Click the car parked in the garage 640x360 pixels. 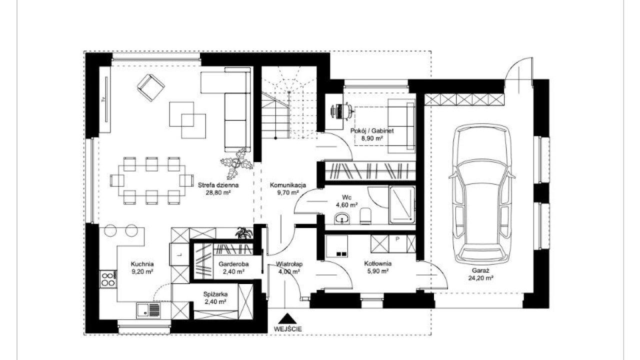click(481, 194)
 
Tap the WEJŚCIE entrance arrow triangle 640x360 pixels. click(287, 318)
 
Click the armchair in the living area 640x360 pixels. click(150, 87)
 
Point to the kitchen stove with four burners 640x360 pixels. click(108, 279)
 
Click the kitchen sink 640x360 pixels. click(148, 310)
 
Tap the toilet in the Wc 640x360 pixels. click(365, 215)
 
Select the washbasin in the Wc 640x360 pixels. click(342, 218)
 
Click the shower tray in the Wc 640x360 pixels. click(401, 204)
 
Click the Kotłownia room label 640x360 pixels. click(377, 263)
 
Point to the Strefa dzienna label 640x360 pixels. click(218, 185)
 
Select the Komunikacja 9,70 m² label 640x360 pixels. click(288, 188)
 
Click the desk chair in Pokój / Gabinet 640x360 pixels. click(348, 111)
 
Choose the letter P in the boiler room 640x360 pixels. click(397, 239)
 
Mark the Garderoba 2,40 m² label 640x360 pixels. click(233, 267)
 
